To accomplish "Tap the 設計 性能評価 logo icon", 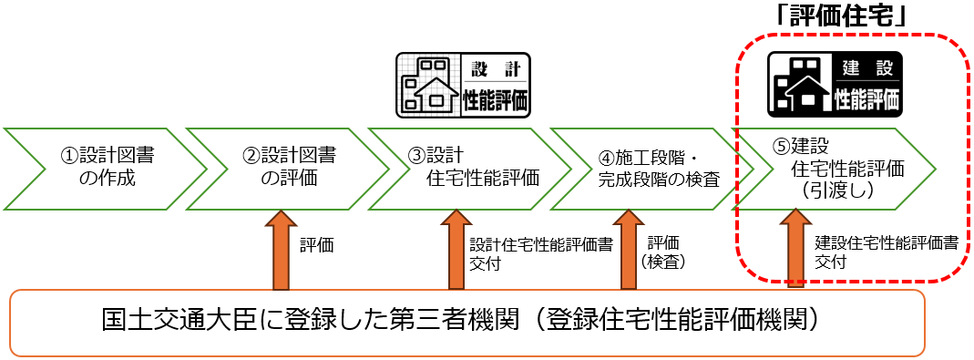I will (x=464, y=85).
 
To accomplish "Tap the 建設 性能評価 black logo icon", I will (x=835, y=83).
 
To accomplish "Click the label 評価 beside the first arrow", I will (x=317, y=245).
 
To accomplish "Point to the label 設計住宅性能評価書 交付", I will (x=540, y=254).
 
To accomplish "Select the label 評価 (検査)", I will (x=665, y=252).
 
